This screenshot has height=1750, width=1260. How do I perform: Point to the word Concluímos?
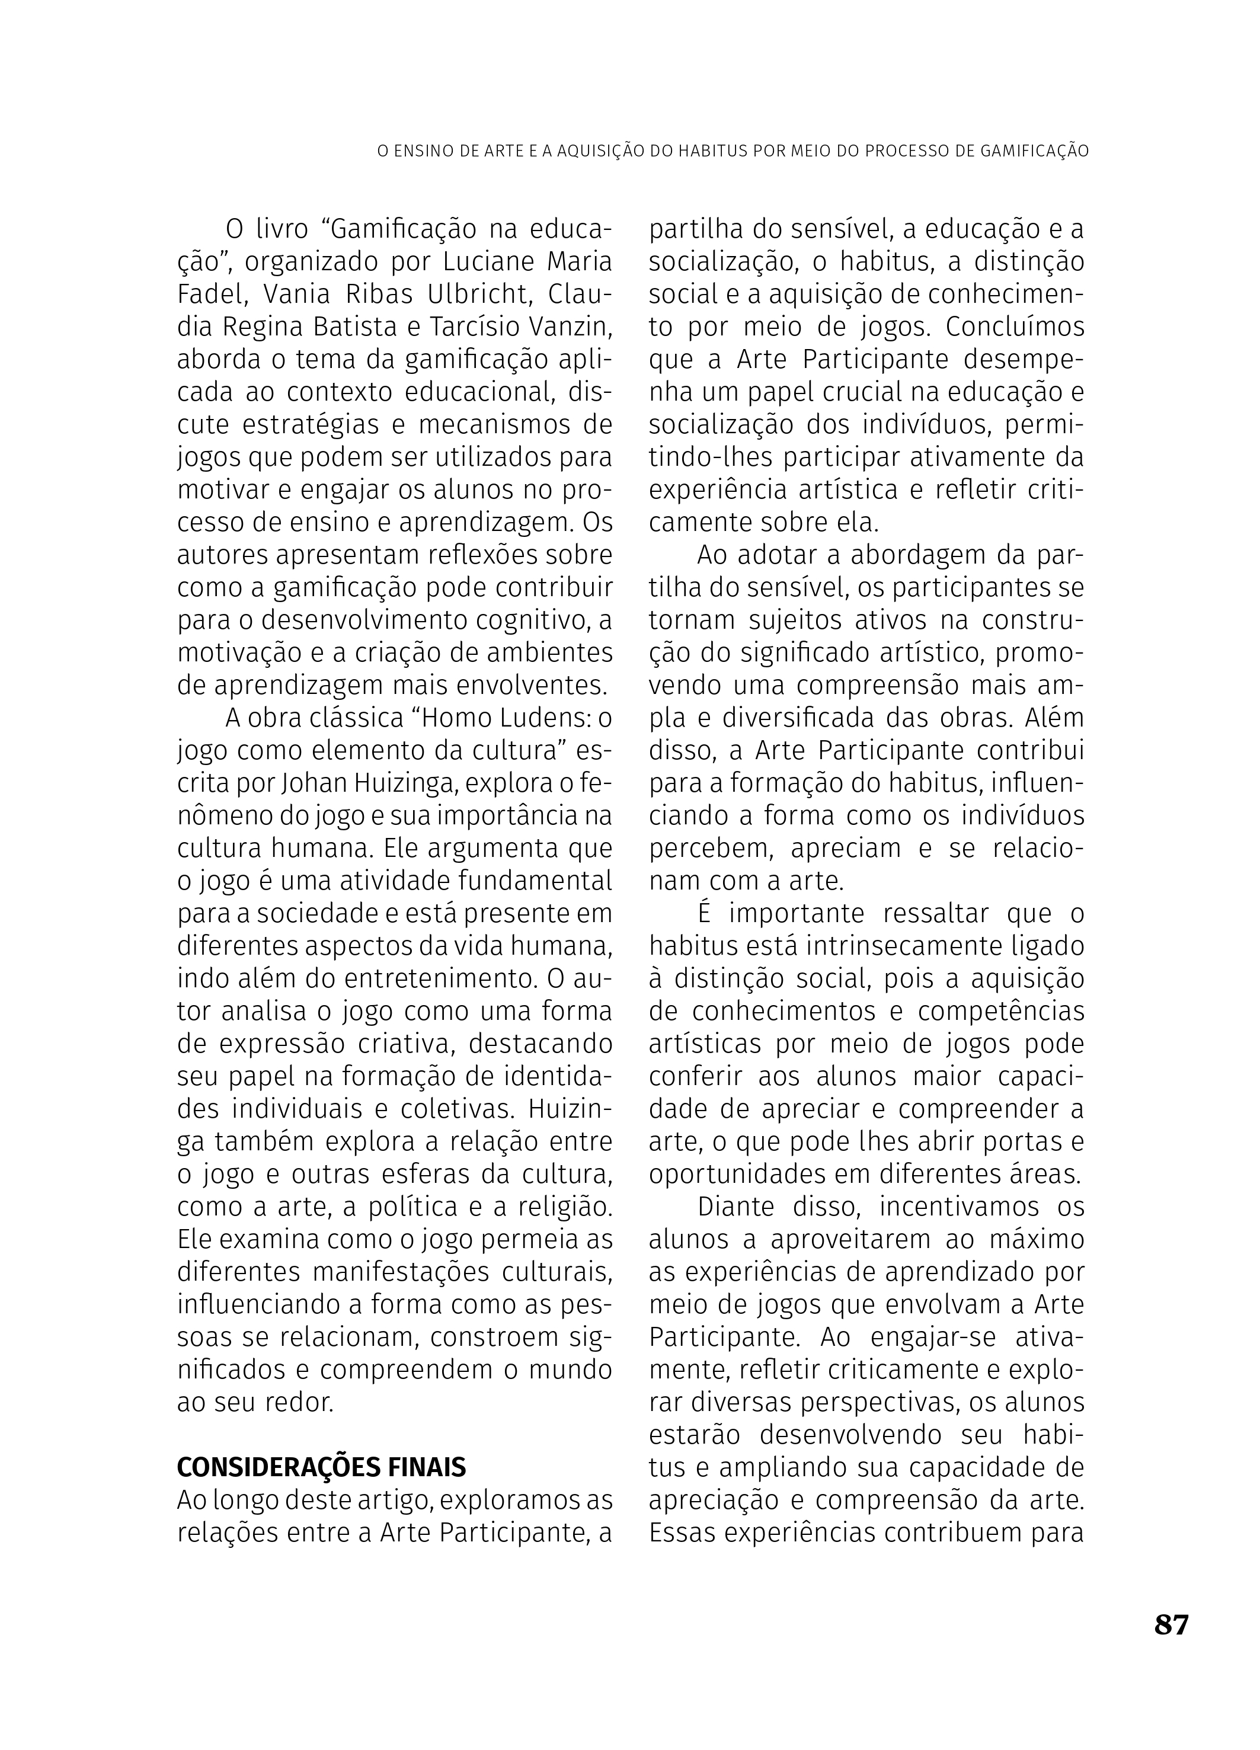coord(1015,327)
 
